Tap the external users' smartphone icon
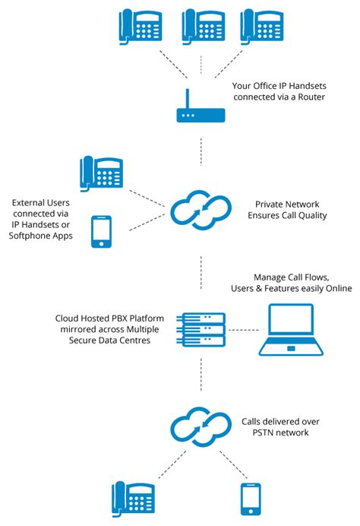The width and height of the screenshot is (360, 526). tap(101, 232)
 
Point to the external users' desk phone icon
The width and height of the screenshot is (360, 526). tap(101, 174)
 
